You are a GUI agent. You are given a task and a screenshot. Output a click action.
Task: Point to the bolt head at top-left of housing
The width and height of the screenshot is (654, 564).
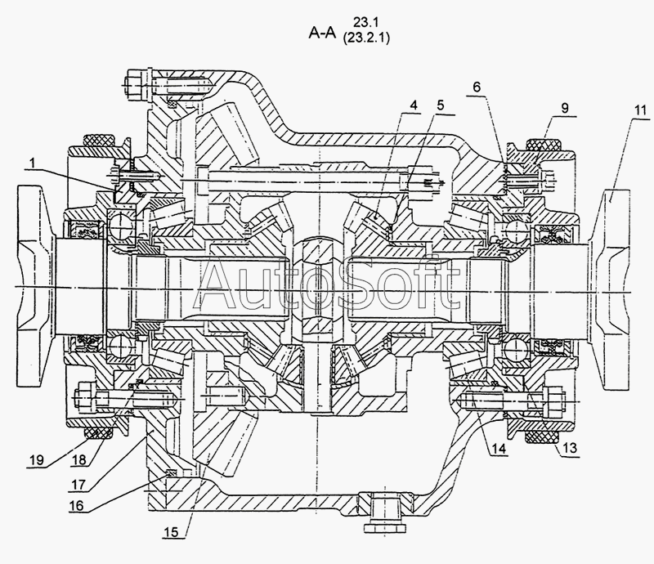[135, 83]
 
